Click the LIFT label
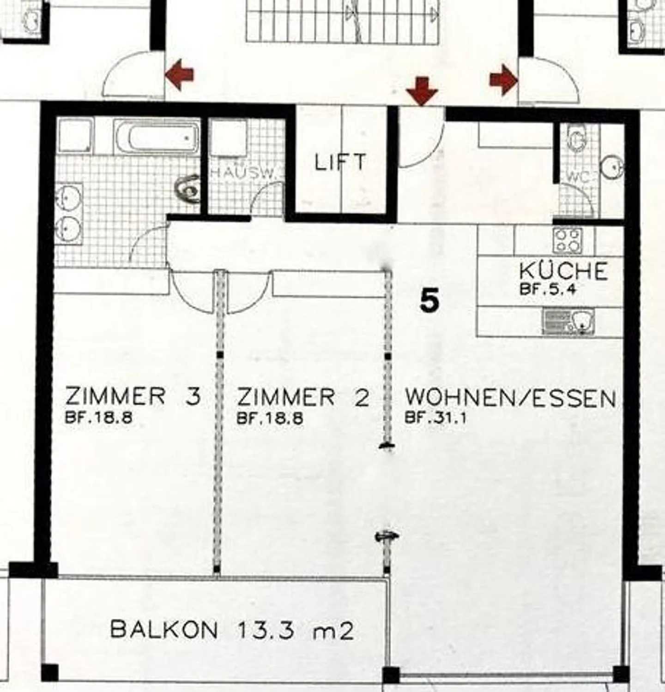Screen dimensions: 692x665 (340, 162)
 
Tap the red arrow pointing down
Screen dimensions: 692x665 (422, 91)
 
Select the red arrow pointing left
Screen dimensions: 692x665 (180, 74)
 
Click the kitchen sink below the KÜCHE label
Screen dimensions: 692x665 (568, 321)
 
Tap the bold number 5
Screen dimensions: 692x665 (430, 301)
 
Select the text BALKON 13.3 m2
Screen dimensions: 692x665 (232, 630)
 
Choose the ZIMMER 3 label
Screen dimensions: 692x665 (133, 396)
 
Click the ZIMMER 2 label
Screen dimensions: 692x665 (303, 397)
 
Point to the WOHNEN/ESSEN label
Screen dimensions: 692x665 (510, 398)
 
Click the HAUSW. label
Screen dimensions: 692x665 (242, 173)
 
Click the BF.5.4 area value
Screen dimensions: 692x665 (548, 290)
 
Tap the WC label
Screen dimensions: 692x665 (577, 177)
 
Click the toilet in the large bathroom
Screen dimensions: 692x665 (188, 189)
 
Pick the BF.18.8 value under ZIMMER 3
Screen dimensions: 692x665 (99, 418)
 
